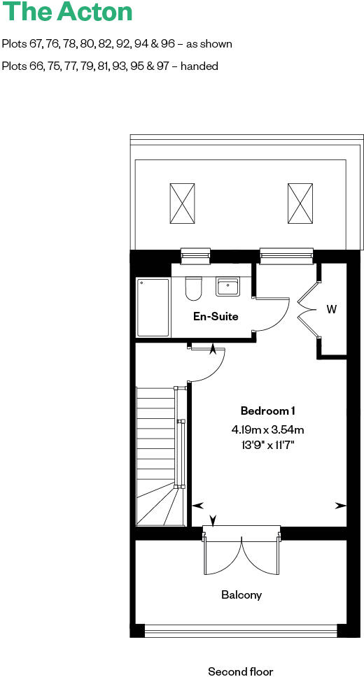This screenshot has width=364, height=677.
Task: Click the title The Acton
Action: [67, 12]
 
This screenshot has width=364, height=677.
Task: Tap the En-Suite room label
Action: [216, 316]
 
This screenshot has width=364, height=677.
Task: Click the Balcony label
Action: [241, 594]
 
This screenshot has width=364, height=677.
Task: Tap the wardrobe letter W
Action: [332, 309]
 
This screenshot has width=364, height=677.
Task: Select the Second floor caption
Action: [241, 671]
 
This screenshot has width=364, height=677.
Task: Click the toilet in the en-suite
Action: [194, 287]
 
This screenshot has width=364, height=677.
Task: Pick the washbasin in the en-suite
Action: [227, 287]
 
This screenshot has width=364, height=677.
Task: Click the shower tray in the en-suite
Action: [153, 307]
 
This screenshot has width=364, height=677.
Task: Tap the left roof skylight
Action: [182, 203]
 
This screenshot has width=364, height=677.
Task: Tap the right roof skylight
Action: [300, 203]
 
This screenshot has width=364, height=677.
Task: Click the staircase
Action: [155, 455]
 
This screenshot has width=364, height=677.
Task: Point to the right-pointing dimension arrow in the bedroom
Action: [340, 505]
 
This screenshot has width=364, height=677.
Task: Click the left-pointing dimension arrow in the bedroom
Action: [197, 505]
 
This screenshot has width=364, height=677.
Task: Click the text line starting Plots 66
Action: [111, 66]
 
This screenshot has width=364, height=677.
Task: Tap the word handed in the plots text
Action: [202, 66]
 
